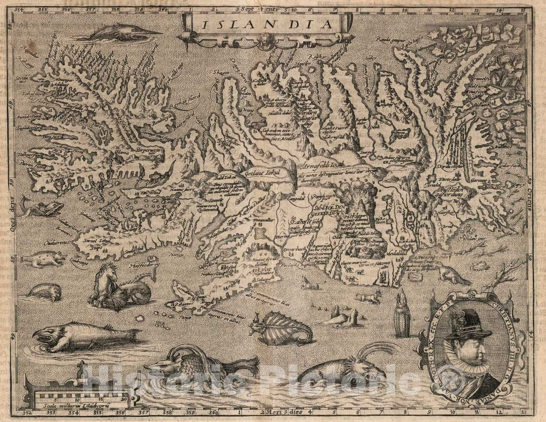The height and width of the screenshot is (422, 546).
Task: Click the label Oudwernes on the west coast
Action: tap(57, 243)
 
